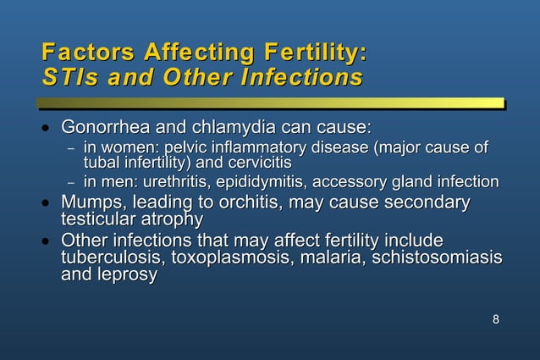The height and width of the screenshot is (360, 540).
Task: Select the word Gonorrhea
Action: [x=104, y=129]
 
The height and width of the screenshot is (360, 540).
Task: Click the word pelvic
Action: [x=194, y=149]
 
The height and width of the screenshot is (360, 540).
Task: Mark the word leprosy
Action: [x=124, y=275]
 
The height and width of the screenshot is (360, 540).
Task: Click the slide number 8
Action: [x=495, y=319]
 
